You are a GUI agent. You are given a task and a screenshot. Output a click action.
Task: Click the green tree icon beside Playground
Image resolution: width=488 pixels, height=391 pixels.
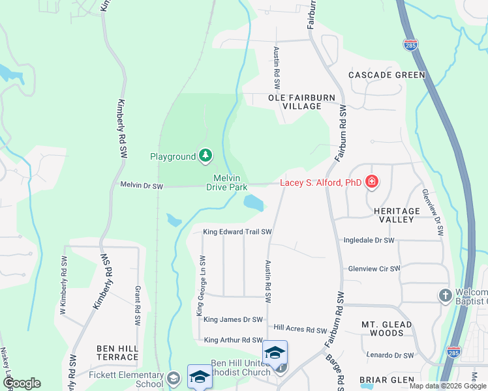point(206,155)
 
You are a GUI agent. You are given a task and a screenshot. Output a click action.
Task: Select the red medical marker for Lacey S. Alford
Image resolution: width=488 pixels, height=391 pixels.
point(371,182)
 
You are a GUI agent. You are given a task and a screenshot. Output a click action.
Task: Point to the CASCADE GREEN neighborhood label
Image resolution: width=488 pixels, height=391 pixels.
point(386,75)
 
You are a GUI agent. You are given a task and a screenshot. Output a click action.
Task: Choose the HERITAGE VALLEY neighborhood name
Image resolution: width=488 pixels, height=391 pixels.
point(397,215)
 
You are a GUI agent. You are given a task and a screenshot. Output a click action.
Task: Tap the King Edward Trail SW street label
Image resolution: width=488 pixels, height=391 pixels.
point(237,231)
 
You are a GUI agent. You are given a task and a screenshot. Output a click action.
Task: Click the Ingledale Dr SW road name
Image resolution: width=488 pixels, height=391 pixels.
point(369,240)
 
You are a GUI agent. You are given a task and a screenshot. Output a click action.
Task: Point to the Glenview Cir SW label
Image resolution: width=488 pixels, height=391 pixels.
point(373,268)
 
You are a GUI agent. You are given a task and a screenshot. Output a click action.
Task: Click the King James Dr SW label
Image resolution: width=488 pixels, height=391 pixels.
point(233,319)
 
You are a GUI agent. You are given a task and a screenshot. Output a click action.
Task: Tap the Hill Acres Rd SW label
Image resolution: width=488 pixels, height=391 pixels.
point(299,328)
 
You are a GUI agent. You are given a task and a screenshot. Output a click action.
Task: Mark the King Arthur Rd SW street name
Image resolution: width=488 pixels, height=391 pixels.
point(233,340)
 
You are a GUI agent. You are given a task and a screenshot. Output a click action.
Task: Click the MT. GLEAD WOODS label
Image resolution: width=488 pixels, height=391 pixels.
point(386,328)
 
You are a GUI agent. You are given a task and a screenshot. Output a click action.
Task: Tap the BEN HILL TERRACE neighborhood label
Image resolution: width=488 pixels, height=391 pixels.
point(117,353)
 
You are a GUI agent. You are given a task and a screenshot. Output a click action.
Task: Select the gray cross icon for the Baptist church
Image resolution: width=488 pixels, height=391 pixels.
point(445,295)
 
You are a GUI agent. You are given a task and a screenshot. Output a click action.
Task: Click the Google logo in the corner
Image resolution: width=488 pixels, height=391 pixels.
point(22,383)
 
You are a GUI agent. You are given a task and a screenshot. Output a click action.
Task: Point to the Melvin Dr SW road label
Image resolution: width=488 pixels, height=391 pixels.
point(141,186)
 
